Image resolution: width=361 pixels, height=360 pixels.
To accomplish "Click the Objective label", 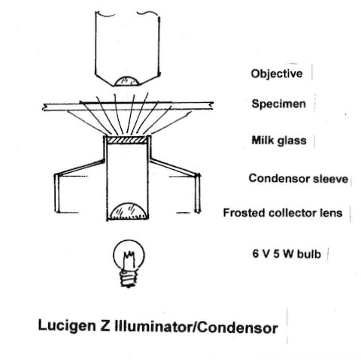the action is [x=277, y=74].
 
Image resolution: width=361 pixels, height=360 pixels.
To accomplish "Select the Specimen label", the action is [x=279, y=104].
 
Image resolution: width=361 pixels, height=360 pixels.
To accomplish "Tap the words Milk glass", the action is [x=279, y=141].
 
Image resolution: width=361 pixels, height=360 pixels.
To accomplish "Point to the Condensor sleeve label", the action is [x=299, y=179].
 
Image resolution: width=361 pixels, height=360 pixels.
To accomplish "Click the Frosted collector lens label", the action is [x=283, y=213].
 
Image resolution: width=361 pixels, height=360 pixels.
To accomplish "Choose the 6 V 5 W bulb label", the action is [x=287, y=254].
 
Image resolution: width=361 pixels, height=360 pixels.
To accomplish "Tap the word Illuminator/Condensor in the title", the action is [x=196, y=328].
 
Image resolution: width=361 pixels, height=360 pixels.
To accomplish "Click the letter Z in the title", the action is [x=105, y=325].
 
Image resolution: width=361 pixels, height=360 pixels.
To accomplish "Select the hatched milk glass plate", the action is [x=126, y=140].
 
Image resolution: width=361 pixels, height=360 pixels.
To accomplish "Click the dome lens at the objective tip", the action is [x=126, y=82].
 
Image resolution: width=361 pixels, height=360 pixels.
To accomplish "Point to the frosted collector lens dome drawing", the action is [x=128, y=211].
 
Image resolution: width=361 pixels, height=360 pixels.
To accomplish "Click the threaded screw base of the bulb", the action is [x=129, y=278].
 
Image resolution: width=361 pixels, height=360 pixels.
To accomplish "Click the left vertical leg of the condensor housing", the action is [x=57, y=193].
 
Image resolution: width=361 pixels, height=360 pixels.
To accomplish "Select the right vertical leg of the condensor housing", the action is [x=198, y=193].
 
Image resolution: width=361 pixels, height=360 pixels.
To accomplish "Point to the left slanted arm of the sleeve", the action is [x=80, y=167].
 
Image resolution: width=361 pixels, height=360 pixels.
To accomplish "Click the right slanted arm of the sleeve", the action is [x=174, y=168].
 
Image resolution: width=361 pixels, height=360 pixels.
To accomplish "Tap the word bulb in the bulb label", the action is [x=309, y=254].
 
